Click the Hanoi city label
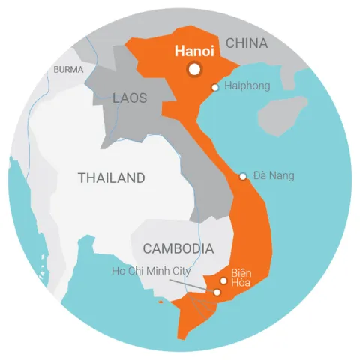(x=195, y=52)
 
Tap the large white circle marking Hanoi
(x=195, y=69)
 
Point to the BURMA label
(x=69, y=70)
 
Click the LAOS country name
(x=130, y=98)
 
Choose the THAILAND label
(x=112, y=178)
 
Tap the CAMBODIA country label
(x=178, y=248)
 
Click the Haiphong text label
(x=247, y=86)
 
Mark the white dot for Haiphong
(x=215, y=87)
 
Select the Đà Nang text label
(x=274, y=176)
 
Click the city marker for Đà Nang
(x=242, y=177)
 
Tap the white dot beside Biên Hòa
(x=223, y=280)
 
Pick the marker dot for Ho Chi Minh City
(x=217, y=292)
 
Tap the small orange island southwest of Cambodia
(x=160, y=301)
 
